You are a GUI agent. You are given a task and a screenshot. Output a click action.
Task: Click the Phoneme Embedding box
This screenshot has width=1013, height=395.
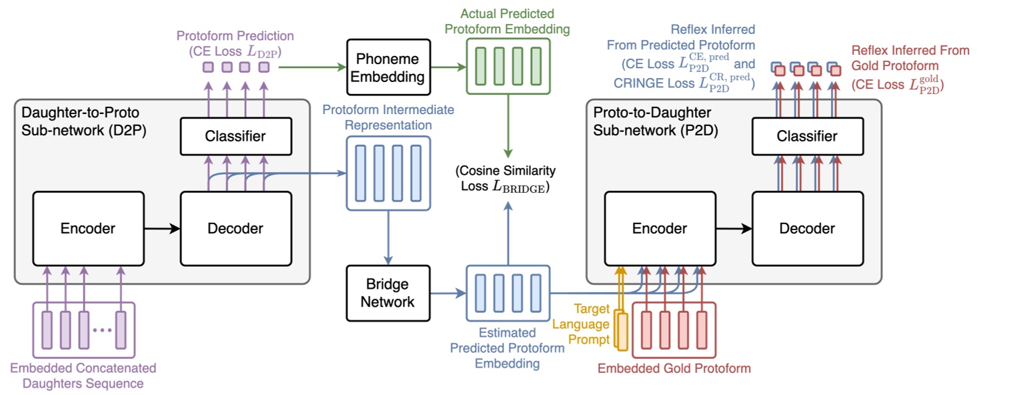coord(387,67)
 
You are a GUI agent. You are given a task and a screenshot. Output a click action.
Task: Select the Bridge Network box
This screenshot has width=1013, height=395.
coord(387,292)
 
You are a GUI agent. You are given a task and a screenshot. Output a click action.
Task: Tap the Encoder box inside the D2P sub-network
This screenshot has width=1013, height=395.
coord(88,229)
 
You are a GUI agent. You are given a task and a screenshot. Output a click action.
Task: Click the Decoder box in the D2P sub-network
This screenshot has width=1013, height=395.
coord(236,229)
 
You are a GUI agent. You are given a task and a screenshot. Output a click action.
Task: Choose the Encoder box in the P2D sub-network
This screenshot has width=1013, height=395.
coord(660,229)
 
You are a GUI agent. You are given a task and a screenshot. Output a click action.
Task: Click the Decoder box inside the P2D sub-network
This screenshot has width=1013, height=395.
coord(808,229)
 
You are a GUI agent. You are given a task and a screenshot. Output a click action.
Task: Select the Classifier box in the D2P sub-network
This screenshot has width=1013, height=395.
coord(235,136)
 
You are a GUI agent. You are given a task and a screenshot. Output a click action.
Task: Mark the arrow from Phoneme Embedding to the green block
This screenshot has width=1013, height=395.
coord(447,67)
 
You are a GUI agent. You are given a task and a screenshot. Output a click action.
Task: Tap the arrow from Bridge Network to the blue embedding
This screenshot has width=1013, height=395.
coord(447,292)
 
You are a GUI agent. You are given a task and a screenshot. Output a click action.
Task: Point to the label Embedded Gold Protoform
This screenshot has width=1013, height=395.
coord(674,368)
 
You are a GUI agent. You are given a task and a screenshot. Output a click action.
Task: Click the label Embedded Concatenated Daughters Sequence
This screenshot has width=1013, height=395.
coord(83,375)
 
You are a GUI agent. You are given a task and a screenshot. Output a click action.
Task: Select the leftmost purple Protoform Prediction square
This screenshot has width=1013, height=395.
coord(208,67)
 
